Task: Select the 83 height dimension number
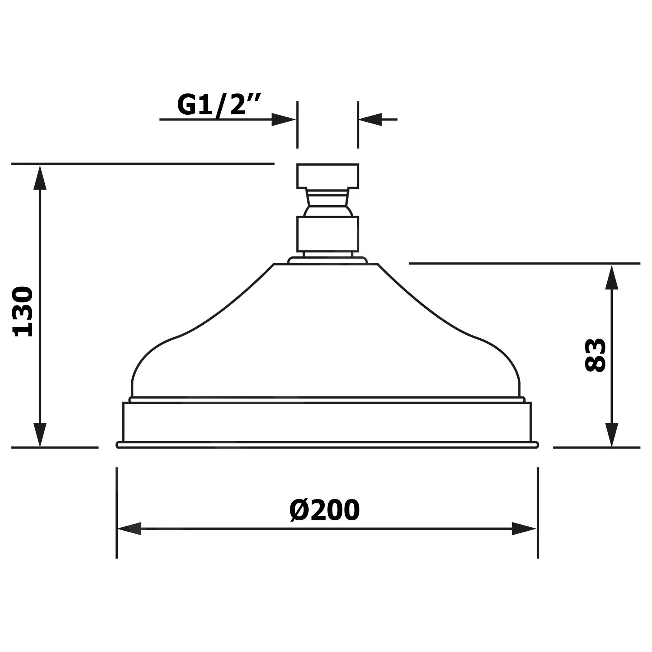point(595,355)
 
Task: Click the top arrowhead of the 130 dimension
point(40,177)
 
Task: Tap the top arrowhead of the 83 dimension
point(612,276)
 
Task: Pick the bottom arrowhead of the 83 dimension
point(612,435)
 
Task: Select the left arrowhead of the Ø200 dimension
point(130,529)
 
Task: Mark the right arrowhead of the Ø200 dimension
point(525,529)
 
